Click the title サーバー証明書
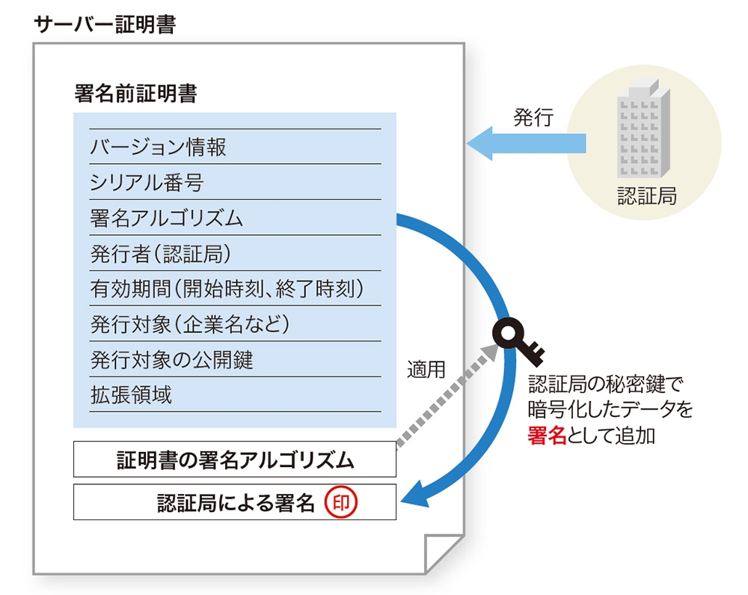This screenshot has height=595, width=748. coord(105,25)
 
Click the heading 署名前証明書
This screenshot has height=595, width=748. coord(135,93)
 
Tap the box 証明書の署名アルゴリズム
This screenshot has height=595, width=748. coord(235,460)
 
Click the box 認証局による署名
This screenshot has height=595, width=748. coord(235,502)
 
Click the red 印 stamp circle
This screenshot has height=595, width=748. coord(340,502)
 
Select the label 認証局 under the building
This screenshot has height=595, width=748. coord(647,196)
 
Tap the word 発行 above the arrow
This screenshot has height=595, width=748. coord(533,118)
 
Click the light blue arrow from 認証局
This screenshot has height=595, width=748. coord(526,143)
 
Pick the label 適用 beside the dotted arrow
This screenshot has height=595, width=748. coord(426,369)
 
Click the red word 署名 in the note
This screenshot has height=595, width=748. coord(547,436)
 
